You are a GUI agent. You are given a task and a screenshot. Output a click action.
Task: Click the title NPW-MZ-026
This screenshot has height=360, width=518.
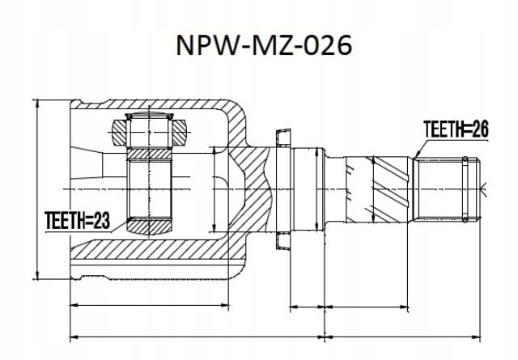[x=264, y=45]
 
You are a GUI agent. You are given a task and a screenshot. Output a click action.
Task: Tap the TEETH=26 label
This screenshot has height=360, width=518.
[x=456, y=129]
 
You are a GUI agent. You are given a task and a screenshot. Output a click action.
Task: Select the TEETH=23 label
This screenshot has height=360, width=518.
[x=78, y=221]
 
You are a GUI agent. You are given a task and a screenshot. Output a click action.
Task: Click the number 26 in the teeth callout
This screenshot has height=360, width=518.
[x=480, y=129]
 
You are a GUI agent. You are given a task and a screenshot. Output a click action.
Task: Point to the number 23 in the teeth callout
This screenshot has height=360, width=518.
[x=102, y=221]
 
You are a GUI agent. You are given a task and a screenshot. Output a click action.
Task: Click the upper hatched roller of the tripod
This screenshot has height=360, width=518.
[x=149, y=132]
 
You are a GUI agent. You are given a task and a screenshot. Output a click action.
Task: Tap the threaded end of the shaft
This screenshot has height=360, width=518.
[x=447, y=189]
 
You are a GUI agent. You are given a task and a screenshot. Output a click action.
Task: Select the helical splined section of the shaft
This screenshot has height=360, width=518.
[x=376, y=189]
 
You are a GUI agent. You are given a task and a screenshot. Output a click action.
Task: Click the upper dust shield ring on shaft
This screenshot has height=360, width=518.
[x=283, y=138]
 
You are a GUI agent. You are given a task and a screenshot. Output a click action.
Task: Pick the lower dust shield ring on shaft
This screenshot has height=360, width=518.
[x=283, y=240]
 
